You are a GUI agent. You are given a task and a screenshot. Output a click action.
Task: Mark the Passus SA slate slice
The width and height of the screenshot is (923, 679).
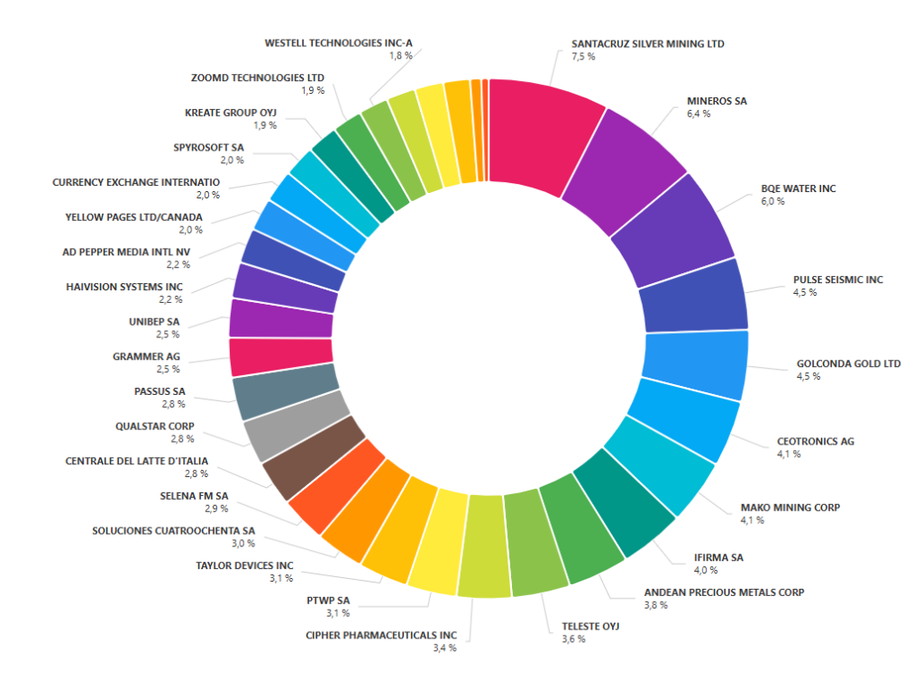click(283, 394)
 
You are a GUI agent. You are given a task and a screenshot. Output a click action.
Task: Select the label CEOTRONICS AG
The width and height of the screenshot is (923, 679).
click(815, 442)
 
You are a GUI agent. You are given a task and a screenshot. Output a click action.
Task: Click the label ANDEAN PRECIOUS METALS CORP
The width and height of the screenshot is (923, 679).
click(724, 592)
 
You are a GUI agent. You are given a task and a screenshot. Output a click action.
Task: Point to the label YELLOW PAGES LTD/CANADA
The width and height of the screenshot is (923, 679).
click(133, 217)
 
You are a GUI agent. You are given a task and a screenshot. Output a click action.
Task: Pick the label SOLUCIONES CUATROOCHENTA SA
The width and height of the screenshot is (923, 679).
click(173, 530)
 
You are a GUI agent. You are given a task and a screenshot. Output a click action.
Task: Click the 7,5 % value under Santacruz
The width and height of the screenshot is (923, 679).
click(583, 56)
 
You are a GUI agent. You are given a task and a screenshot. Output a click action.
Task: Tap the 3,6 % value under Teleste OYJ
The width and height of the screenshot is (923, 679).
click(574, 638)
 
